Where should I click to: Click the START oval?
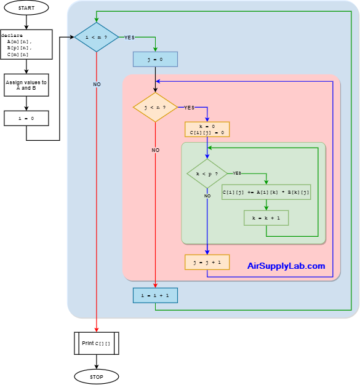26,8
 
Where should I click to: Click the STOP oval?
97,376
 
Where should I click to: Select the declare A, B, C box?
26,44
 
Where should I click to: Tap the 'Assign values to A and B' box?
26,85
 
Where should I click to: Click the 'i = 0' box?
26,118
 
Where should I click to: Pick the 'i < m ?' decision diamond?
97,38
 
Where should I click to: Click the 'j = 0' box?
155,59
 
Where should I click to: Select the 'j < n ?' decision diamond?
155,107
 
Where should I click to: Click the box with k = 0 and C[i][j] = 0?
207,129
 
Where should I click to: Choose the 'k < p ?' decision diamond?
207,173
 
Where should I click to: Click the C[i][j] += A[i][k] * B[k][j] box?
266,192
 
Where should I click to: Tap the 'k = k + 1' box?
266,218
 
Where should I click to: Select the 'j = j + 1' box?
207,262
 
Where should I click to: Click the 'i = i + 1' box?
155,295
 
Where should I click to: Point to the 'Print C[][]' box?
96,343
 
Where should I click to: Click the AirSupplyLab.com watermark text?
286,266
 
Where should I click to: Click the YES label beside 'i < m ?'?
129,38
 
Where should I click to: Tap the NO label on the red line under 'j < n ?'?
155,150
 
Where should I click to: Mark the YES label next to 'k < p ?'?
237,173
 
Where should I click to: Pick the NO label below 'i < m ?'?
97,84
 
